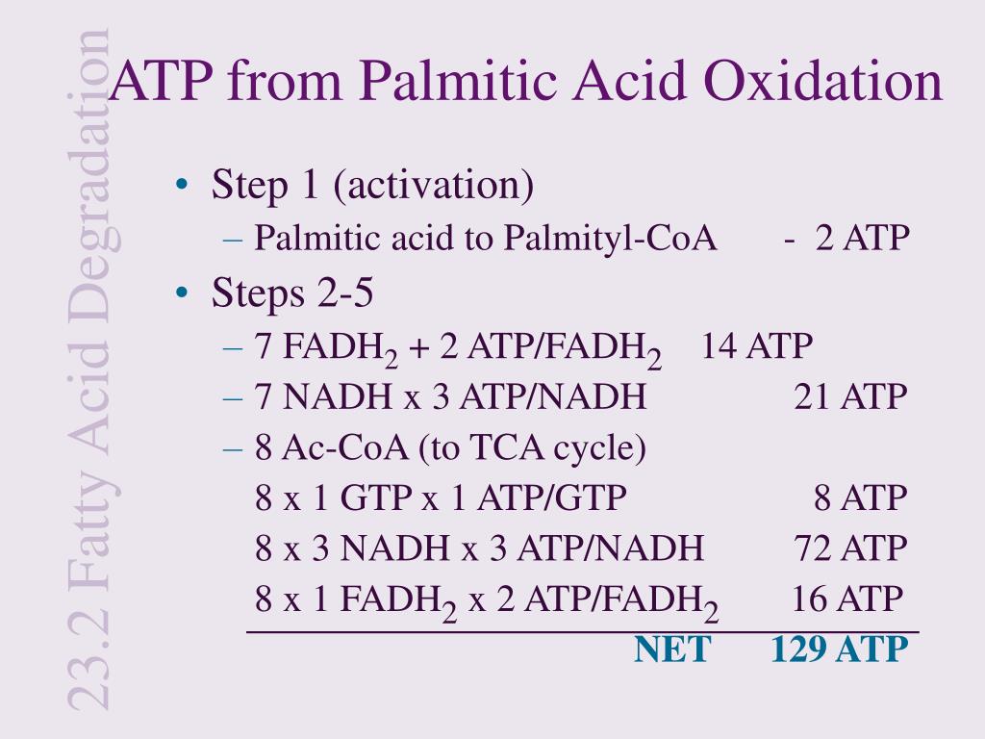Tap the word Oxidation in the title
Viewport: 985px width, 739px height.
point(823,81)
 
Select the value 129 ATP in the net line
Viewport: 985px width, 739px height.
point(839,650)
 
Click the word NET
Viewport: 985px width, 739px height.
point(672,650)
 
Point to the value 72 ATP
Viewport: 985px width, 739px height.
point(850,548)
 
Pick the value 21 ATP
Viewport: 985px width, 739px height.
point(850,397)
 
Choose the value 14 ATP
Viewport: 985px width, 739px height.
point(756,346)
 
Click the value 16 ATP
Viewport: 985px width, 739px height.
point(846,599)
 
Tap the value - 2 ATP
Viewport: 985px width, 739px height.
point(846,239)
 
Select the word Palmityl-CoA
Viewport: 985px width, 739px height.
point(610,239)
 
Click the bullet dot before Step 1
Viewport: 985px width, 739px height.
point(182,185)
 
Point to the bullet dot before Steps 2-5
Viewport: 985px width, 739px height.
point(182,293)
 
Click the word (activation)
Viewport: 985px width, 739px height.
point(434,186)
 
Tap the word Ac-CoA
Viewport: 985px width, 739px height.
point(345,447)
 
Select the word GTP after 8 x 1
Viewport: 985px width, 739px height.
point(376,497)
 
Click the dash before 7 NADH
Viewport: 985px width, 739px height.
point(233,397)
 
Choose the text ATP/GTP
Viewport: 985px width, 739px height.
point(551,497)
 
